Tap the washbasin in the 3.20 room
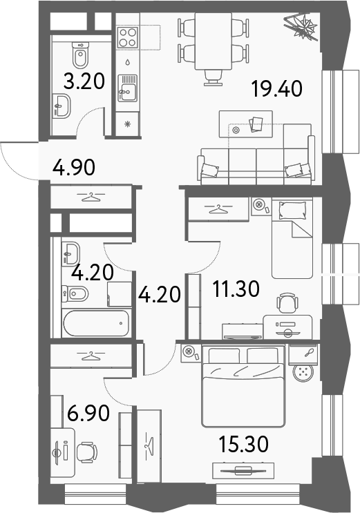coord(63,106)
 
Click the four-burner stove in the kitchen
coord(128,37)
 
